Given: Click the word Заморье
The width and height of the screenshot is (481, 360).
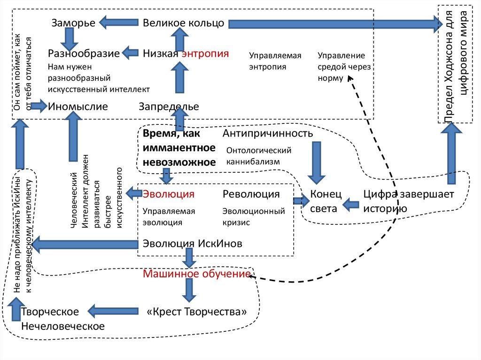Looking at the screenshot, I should (73, 23).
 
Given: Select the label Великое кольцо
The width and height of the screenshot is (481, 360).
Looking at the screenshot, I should (184, 23).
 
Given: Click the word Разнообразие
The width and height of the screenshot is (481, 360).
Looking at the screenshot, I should (84, 53).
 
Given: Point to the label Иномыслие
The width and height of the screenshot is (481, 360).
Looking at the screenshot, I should (78, 107).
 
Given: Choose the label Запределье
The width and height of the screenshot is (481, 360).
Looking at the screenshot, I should (169, 107).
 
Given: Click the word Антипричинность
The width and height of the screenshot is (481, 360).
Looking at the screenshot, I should (268, 134).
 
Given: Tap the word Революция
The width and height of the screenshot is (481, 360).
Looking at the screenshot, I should (251, 194).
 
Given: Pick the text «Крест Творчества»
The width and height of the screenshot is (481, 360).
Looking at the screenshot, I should (196, 312).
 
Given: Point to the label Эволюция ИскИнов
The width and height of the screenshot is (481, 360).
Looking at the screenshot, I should (193, 244).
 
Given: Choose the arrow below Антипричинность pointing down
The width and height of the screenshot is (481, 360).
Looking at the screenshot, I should (316, 162).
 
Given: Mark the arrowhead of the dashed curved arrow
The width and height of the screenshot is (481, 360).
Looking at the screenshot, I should (350, 80).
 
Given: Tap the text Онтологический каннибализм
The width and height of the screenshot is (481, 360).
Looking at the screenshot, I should (259, 156).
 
